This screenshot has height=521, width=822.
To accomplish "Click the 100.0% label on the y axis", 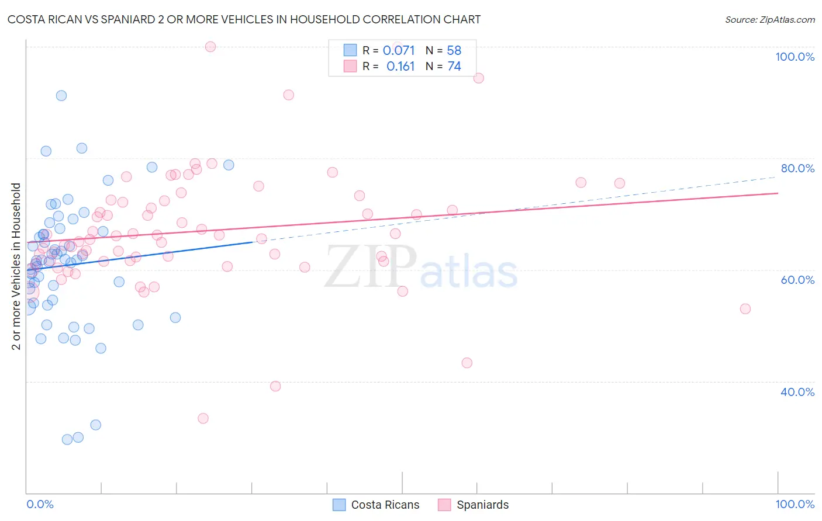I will tap(795, 57).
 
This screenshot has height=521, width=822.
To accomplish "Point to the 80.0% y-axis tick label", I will tap(797, 168).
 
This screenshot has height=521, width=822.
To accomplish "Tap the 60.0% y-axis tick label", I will tap(797, 280).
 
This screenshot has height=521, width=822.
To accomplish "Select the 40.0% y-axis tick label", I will tap(797, 391).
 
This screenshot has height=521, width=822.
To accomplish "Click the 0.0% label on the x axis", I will tap(40, 504).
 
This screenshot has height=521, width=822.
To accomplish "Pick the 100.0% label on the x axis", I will tap(795, 504).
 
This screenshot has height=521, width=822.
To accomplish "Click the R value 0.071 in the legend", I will tap(399, 51).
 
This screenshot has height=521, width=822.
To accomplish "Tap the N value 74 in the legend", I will tap(454, 67).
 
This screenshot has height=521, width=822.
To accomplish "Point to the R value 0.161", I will tap(400, 67).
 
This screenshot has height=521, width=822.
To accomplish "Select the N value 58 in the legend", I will tap(454, 51).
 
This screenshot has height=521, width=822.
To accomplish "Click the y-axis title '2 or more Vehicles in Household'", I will tap(16, 266).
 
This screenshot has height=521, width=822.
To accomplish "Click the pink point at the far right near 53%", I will tap(745, 309).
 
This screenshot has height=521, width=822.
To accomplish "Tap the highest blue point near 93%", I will tap(61, 96).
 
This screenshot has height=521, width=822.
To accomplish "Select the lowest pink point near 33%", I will tap(203, 418).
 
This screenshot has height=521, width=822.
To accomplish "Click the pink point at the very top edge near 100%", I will tap(210, 47).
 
